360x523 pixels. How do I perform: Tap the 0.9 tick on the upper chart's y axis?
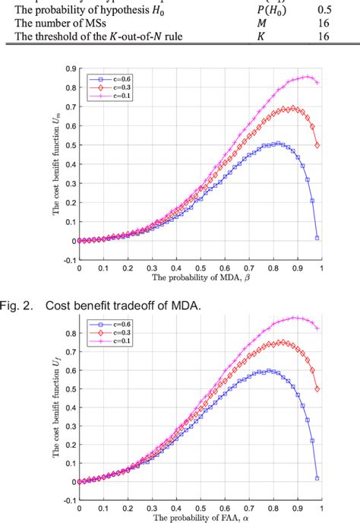[70, 69]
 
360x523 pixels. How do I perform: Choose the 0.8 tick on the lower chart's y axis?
[70, 332]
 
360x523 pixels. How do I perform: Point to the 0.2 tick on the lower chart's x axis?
[128, 508]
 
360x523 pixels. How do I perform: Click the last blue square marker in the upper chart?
[317, 238]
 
